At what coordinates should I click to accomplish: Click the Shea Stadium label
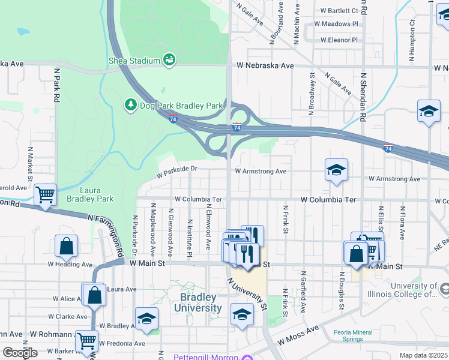pyautogui.click(x=134, y=61)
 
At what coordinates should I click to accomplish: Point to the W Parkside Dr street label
pyautogui.click(x=177, y=172)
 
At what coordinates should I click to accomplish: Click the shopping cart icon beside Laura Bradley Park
pyautogui.click(x=45, y=195)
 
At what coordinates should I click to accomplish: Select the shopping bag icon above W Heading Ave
pyautogui.click(x=66, y=246)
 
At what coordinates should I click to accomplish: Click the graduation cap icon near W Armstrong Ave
pyautogui.click(x=336, y=170)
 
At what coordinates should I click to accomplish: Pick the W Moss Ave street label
pyautogui.click(x=298, y=337)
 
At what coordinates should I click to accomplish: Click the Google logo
pyautogui.click(x=20, y=353)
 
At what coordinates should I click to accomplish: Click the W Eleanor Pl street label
pyautogui.click(x=339, y=40)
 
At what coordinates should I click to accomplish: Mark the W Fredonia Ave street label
pyautogui.click(x=122, y=344)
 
